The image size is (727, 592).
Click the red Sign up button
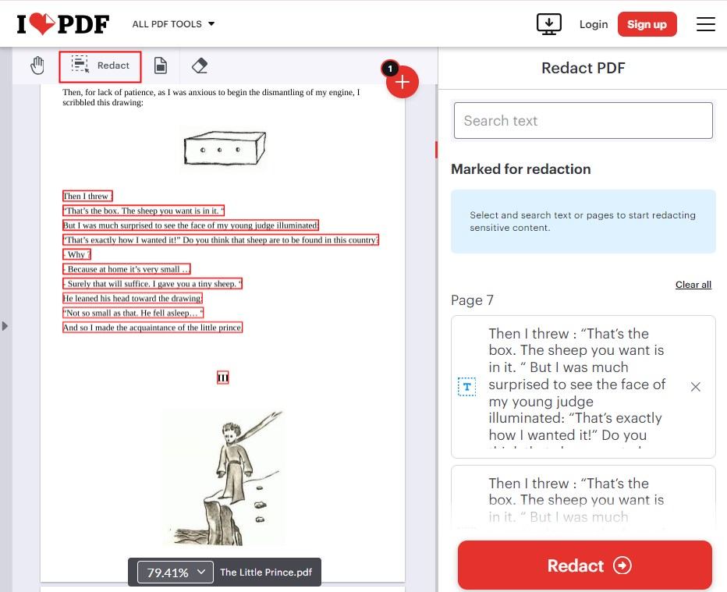[647, 24]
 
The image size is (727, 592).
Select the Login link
[593, 24]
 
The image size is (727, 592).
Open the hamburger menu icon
[705, 24]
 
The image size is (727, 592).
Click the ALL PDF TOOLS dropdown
[173, 24]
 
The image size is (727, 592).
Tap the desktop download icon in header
[549, 24]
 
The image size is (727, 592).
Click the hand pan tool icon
[37, 66]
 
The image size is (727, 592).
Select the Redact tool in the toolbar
[101, 66]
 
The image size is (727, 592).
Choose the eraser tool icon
[199, 66]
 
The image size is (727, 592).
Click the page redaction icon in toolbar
[160, 66]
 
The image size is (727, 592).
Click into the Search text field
[583, 121]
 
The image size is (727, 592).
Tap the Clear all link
[693, 285]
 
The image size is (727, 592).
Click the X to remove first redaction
[695, 387]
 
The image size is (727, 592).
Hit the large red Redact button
[584, 565]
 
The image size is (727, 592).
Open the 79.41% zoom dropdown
[176, 573]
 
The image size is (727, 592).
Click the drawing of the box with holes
[223, 147]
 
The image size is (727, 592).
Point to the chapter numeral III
[222, 378]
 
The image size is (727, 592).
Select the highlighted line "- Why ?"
[77, 254]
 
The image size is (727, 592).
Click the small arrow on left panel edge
[5, 325]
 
